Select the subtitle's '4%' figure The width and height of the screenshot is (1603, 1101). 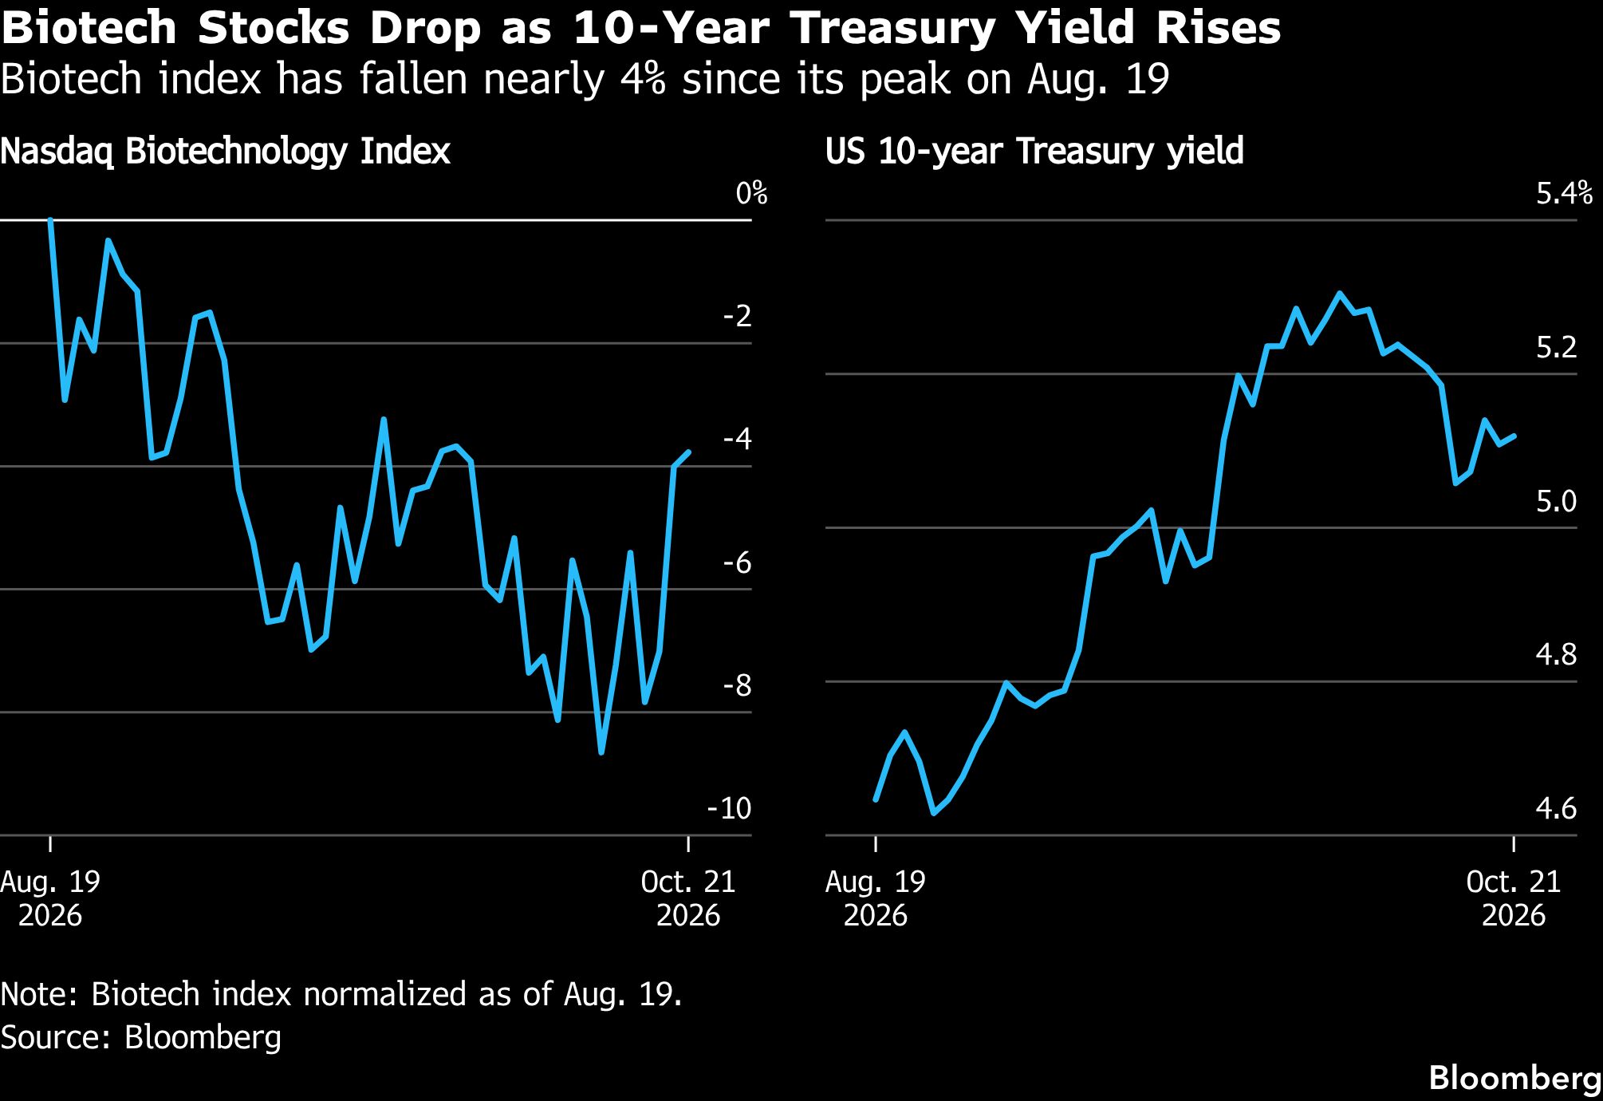[x=637, y=80]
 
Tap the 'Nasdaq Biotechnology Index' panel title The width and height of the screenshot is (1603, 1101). [x=225, y=152]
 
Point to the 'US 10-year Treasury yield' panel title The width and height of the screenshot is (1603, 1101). [x=1034, y=152]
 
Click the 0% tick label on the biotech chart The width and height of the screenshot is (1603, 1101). [x=751, y=193]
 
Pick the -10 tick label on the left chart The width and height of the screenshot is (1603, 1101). [x=729, y=808]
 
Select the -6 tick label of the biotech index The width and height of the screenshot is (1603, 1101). [x=736, y=562]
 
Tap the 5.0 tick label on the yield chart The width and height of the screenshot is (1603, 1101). [x=1556, y=501]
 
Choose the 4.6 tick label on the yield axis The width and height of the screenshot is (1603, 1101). [x=1556, y=808]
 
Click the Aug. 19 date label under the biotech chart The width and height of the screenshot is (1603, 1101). [x=50, y=898]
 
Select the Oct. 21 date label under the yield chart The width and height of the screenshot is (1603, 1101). [x=1514, y=898]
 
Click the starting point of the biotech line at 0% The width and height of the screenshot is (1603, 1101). [x=50, y=219]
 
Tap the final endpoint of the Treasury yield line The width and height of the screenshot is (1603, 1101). [x=1514, y=436]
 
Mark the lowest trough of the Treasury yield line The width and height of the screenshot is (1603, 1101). [x=934, y=813]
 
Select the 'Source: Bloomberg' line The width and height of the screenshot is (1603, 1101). [x=141, y=1038]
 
